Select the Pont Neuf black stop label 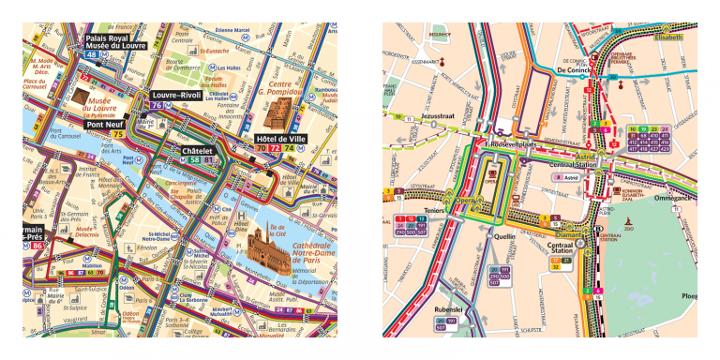pyautogui.click(x=106, y=124)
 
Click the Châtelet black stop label pyautogui.click(x=200, y=150)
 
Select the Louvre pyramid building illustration pyautogui.click(x=82, y=99)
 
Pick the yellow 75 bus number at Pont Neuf pyautogui.click(x=118, y=135)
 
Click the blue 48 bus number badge pyautogui.click(x=92, y=55)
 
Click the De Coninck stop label pyautogui.click(x=573, y=70)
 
